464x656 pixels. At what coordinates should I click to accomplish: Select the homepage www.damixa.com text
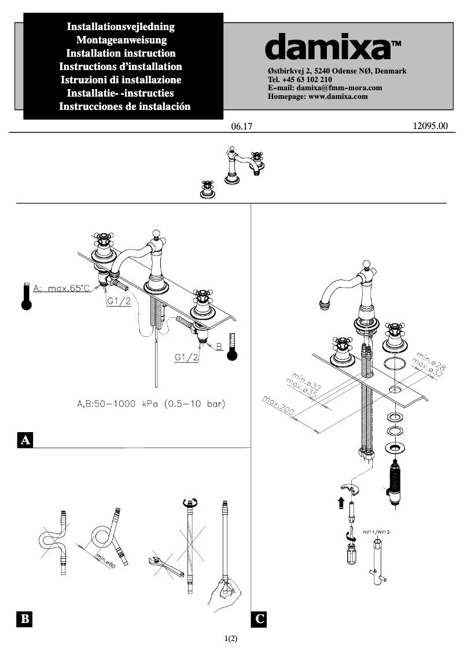click(x=318, y=97)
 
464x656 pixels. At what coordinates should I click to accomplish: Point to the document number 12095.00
click(x=430, y=126)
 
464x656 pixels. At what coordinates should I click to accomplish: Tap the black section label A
click(x=25, y=440)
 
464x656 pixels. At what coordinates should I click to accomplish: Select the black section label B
click(x=25, y=619)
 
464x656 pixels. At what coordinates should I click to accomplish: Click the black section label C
click(x=260, y=619)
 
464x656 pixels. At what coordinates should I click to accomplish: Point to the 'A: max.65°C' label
click(x=61, y=288)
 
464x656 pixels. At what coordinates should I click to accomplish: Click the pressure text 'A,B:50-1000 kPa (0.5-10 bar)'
click(x=151, y=403)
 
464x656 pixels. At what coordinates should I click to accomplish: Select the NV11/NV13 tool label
click(x=376, y=530)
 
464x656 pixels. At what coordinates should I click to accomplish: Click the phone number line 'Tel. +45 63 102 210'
click(x=300, y=79)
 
